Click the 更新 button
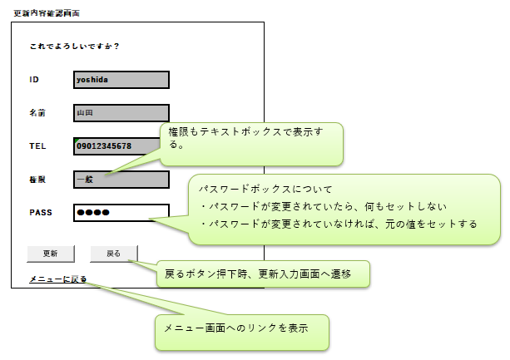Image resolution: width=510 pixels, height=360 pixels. coord(51,253)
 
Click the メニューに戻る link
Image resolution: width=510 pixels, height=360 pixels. coord(57,279)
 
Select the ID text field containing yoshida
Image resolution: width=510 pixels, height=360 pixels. coord(121,80)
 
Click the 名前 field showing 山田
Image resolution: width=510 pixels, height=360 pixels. coord(121,112)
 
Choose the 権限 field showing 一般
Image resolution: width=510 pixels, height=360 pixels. coord(121,179)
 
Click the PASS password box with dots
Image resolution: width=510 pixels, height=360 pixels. coord(121,213)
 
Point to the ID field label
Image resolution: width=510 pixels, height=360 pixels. coord(34,80)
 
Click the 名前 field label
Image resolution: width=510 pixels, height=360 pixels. coord(37,112)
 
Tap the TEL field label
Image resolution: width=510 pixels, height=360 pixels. coord(37,146)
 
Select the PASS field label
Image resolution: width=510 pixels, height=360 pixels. coord(40,213)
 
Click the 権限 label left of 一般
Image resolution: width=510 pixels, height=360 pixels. coord(37,179)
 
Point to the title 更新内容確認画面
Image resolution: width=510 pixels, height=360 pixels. coord(47,13)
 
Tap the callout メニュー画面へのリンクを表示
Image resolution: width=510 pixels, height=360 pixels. coord(242,328)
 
